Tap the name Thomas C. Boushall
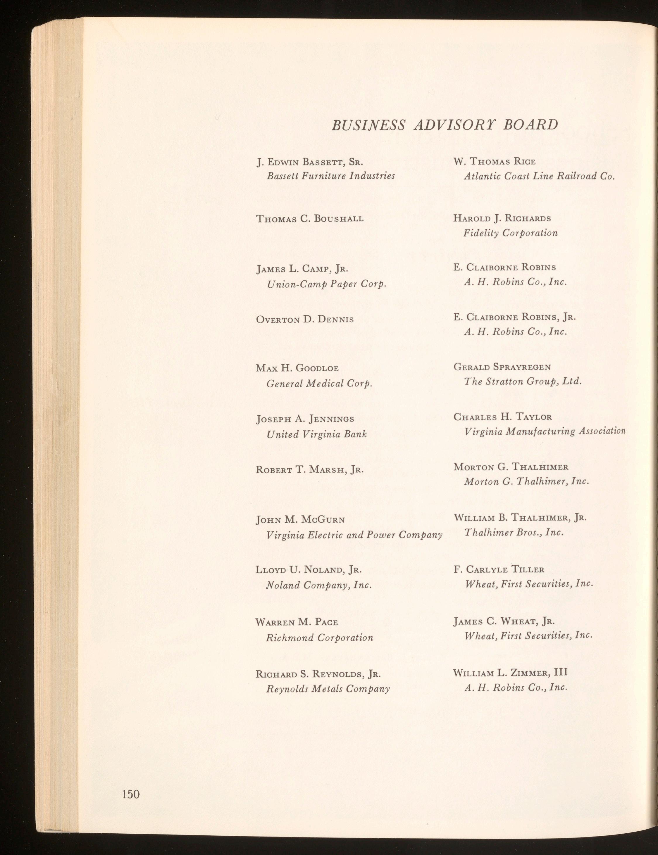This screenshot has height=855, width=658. (x=310, y=218)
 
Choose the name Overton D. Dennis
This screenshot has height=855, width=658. (x=305, y=319)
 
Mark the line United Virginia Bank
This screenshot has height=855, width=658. (x=316, y=434)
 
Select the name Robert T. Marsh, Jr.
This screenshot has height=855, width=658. (x=310, y=469)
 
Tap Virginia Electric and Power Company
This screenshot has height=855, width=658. (x=354, y=535)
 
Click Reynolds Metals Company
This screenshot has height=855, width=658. (x=328, y=689)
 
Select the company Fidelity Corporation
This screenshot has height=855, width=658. (x=510, y=233)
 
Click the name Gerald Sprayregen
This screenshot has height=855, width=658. (x=502, y=367)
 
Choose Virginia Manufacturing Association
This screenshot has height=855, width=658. (x=545, y=431)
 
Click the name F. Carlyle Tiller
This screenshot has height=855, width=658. (x=499, y=569)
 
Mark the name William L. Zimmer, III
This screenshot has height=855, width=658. (x=510, y=673)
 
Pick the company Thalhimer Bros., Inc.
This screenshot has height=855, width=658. (x=514, y=532)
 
